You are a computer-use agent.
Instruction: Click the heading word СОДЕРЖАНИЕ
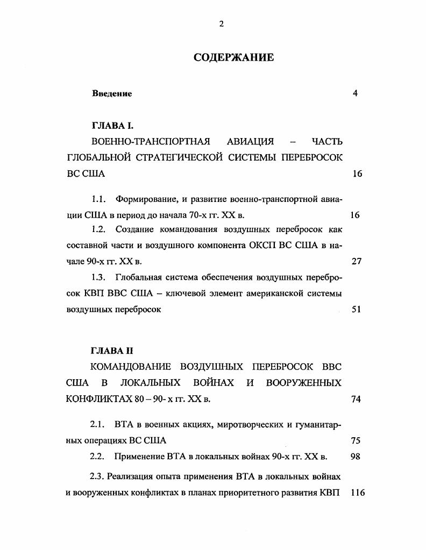coord(233,57)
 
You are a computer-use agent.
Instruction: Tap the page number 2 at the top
coord(221,24)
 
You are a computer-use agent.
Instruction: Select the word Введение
coord(112,93)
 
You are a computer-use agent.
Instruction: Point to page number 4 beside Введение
coord(355,93)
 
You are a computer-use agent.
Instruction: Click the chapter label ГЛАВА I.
coord(112,126)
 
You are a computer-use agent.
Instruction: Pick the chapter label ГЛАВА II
coord(112,351)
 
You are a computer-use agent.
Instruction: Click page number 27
coord(356,262)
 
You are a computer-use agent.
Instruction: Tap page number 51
coord(356,309)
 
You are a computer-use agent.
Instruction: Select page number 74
coord(356,399)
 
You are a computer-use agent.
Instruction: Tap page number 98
coord(355,457)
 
